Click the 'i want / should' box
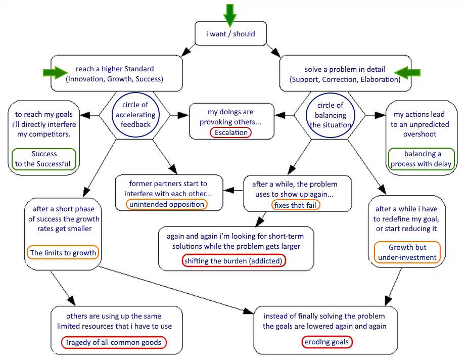(x=230, y=34)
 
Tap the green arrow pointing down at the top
(x=230, y=14)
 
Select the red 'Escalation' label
(x=230, y=132)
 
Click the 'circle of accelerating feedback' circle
(x=135, y=115)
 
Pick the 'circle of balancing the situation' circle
(x=330, y=115)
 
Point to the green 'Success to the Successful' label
(x=44, y=159)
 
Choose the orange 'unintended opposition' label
(x=166, y=204)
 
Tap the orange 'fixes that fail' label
(x=296, y=205)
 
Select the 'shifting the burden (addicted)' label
(x=234, y=261)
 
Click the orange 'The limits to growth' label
(x=63, y=252)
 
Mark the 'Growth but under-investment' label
(x=407, y=252)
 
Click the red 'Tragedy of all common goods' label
(x=114, y=342)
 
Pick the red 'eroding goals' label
(x=326, y=342)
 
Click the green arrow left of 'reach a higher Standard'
(x=55, y=73)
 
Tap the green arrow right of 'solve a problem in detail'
(x=407, y=73)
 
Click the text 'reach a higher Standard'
(x=115, y=69)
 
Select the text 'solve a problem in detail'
(x=345, y=69)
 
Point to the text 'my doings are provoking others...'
(x=230, y=117)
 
